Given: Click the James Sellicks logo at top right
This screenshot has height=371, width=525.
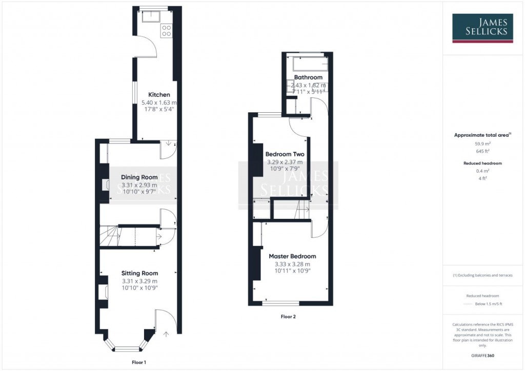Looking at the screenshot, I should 482,28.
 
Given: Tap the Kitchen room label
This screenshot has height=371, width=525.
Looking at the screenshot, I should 159,95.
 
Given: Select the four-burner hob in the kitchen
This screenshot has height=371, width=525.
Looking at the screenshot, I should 167,30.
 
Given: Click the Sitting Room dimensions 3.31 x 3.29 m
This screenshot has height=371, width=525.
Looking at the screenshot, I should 139,281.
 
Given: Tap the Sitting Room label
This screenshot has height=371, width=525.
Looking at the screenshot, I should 139,273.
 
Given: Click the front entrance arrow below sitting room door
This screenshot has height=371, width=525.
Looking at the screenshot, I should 166,335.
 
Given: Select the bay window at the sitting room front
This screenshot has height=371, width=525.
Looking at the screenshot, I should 127,349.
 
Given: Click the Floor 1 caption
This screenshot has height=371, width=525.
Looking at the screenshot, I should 138,362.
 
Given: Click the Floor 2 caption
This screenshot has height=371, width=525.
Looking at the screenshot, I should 288,317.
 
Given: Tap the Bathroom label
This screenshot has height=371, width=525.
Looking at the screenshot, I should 308,77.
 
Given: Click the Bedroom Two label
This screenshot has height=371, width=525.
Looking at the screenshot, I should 285,154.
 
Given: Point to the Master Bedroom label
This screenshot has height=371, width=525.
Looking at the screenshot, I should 292,256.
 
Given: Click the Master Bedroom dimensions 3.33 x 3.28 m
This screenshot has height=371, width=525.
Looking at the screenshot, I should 292,264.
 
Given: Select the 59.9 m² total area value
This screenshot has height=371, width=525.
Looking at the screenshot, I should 481,144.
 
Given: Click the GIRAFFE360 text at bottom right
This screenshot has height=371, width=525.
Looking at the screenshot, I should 481,356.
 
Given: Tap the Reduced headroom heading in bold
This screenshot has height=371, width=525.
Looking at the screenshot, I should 481,163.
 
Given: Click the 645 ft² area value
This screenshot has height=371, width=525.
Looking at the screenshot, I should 481,151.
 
